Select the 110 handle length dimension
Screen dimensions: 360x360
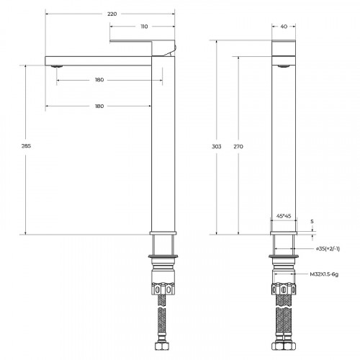coord(143,27)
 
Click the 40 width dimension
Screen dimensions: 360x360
coord(284,27)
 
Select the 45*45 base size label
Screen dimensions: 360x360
coord(284,215)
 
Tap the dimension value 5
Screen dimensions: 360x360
coord(312,221)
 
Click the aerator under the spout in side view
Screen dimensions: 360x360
coord(56,66)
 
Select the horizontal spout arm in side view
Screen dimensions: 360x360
coord(101,59)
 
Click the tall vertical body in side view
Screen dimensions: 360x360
coord(163,144)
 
